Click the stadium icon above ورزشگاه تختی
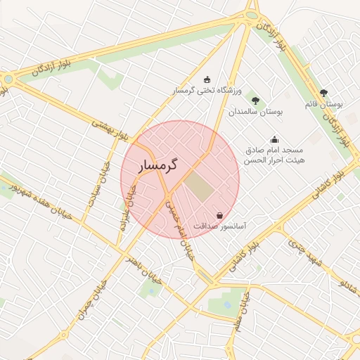[x=207, y=79]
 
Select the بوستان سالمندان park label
[x=255, y=112]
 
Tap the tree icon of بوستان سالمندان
[x=255, y=101]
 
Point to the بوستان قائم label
[x=324, y=104]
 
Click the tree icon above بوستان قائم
[x=323, y=92]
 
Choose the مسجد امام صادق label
[x=274, y=150]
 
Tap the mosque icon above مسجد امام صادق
[x=274, y=139]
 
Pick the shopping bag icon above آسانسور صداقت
[x=220, y=215]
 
